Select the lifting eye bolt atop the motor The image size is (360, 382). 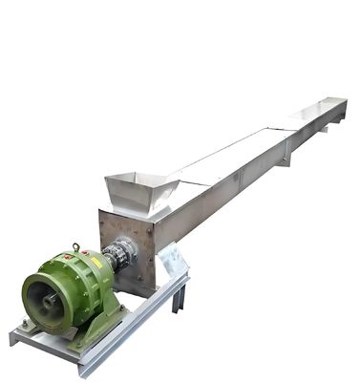coord(75,247)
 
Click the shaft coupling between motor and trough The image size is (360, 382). coord(119,255)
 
